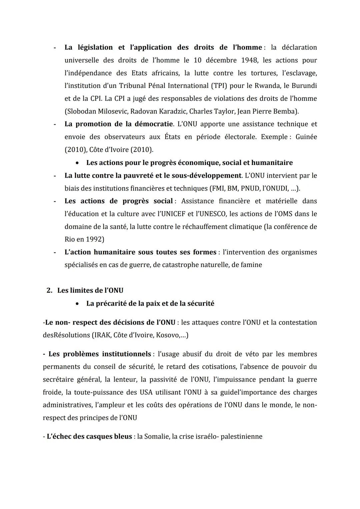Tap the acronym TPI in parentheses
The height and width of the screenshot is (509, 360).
click(x=218, y=86)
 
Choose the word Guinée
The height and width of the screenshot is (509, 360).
click(x=306, y=137)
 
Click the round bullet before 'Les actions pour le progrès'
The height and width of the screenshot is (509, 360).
click(x=77, y=163)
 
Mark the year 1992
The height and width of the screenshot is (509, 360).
click(x=94, y=239)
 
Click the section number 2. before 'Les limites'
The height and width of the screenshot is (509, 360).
click(x=49, y=290)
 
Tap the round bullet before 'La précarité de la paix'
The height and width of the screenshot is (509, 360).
click(x=77, y=304)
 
